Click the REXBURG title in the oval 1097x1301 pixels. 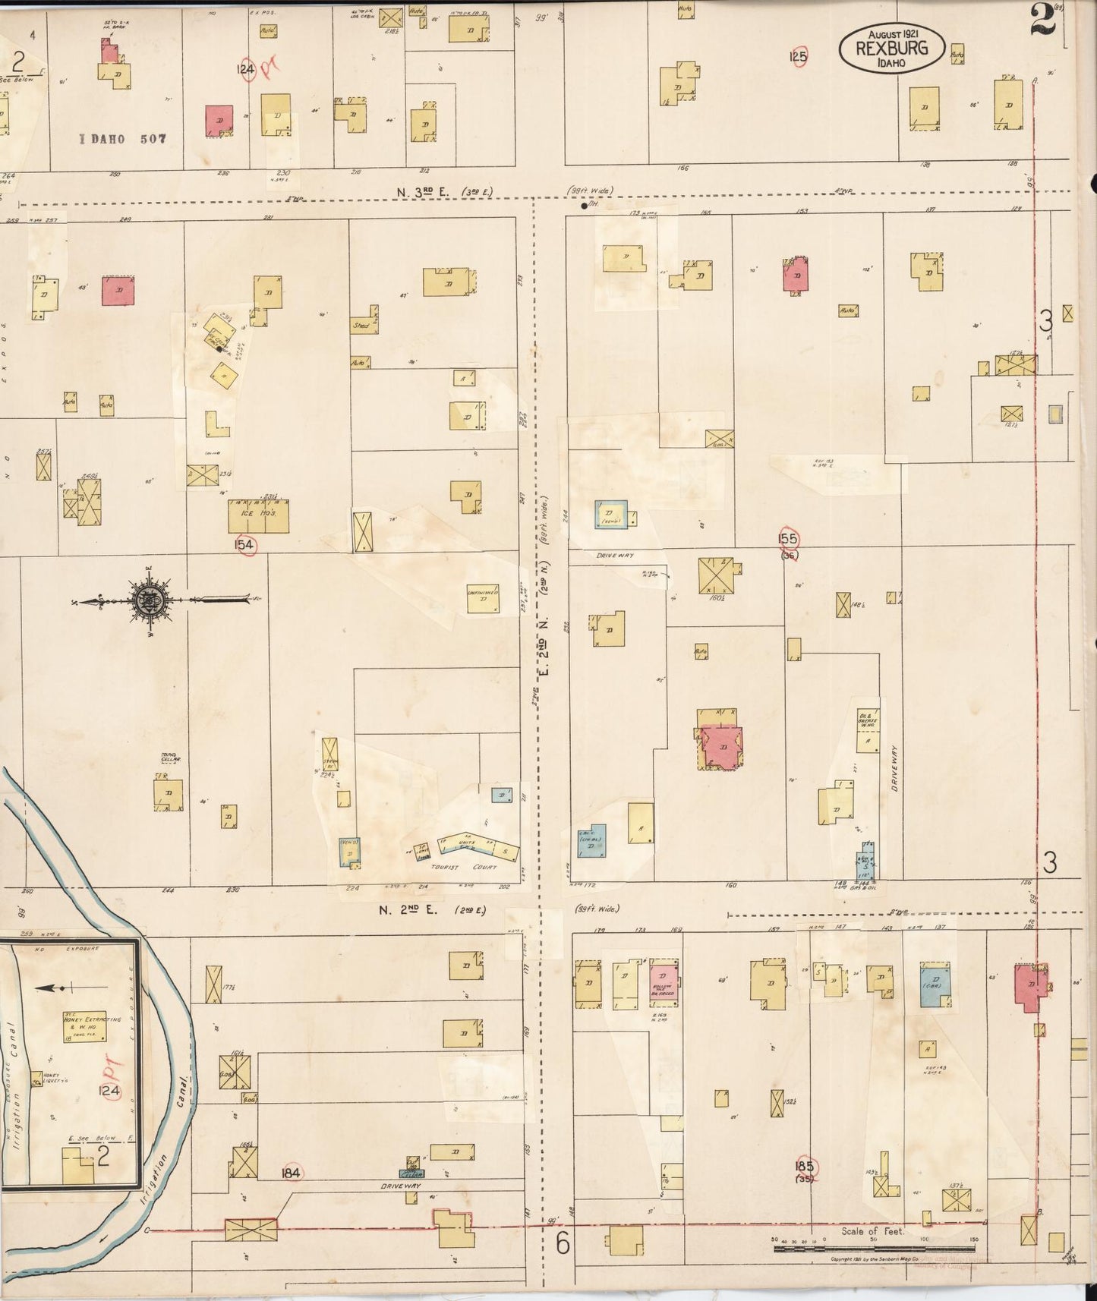(x=892, y=49)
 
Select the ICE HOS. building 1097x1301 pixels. (x=258, y=515)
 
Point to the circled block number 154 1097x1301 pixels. (x=244, y=544)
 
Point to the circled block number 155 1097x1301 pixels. (x=789, y=538)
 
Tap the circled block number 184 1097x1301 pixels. (x=291, y=1173)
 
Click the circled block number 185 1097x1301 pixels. (x=805, y=1166)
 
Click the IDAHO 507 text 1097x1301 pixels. (x=123, y=139)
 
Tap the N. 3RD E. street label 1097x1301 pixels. (x=444, y=191)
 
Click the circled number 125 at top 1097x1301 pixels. (x=798, y=56)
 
